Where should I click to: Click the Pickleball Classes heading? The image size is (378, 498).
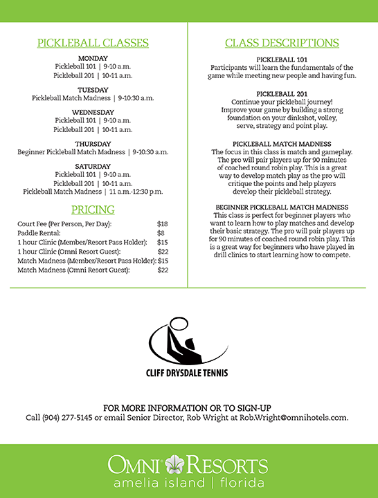coord(93,43)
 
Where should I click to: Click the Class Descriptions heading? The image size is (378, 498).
coord(282,43)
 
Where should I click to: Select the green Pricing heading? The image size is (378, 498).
coord(93,210)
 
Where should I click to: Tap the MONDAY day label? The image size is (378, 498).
coord(93,57)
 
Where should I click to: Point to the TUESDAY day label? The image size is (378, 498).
coord(93,90)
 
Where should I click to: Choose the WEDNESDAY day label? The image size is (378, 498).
coord(93,111)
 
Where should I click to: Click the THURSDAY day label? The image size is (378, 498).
coord(93,144)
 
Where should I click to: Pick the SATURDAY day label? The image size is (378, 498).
coord(93,166)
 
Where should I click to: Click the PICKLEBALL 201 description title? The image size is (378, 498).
coord(282,93)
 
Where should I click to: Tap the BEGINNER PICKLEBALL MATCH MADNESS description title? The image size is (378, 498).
coord(282,207)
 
